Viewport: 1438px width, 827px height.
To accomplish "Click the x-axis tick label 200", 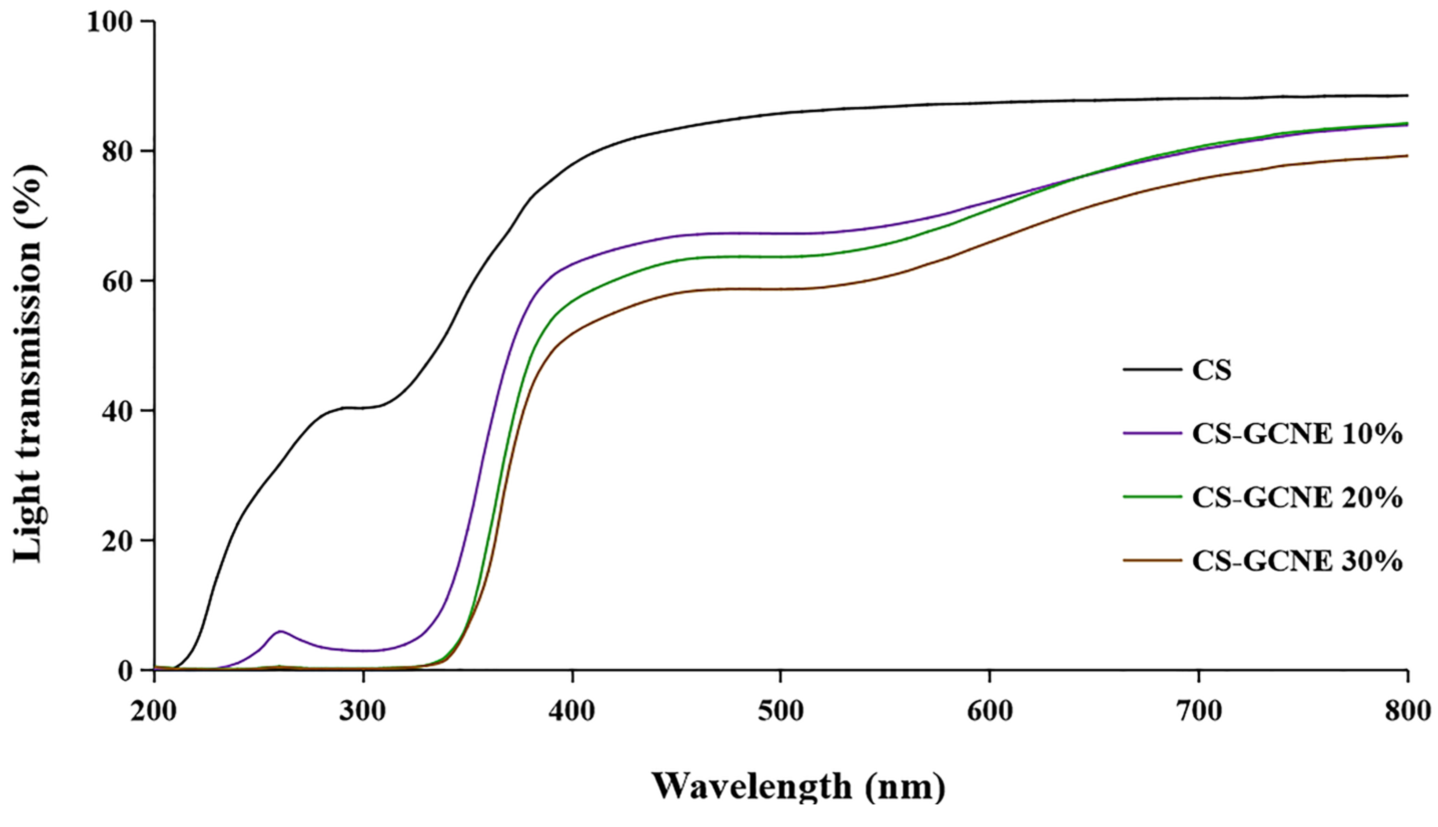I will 153,711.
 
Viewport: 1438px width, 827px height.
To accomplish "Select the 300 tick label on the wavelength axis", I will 362,711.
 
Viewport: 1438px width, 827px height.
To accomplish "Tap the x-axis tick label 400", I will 572,711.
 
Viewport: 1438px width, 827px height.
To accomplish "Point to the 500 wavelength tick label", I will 781,711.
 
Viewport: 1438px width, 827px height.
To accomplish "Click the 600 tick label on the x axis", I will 990,711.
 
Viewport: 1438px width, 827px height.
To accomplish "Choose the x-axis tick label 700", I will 1199,711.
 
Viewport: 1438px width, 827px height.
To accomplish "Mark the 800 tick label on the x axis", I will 1406,711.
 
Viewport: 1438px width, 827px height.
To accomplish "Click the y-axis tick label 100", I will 109,22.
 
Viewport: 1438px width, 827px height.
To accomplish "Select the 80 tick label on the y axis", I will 117,152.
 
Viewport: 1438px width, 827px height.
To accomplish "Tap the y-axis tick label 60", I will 117,281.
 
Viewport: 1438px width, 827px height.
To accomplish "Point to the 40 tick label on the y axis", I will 117,411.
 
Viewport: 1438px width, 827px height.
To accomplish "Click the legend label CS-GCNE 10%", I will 1297,434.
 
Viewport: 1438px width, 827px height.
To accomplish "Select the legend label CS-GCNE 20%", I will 1297,497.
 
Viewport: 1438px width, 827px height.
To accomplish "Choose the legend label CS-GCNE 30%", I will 1297,561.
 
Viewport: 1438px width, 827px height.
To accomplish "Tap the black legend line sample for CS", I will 1152,370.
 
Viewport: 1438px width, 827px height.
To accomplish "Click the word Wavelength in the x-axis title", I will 751,787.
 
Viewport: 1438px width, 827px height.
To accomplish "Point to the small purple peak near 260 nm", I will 280,631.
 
